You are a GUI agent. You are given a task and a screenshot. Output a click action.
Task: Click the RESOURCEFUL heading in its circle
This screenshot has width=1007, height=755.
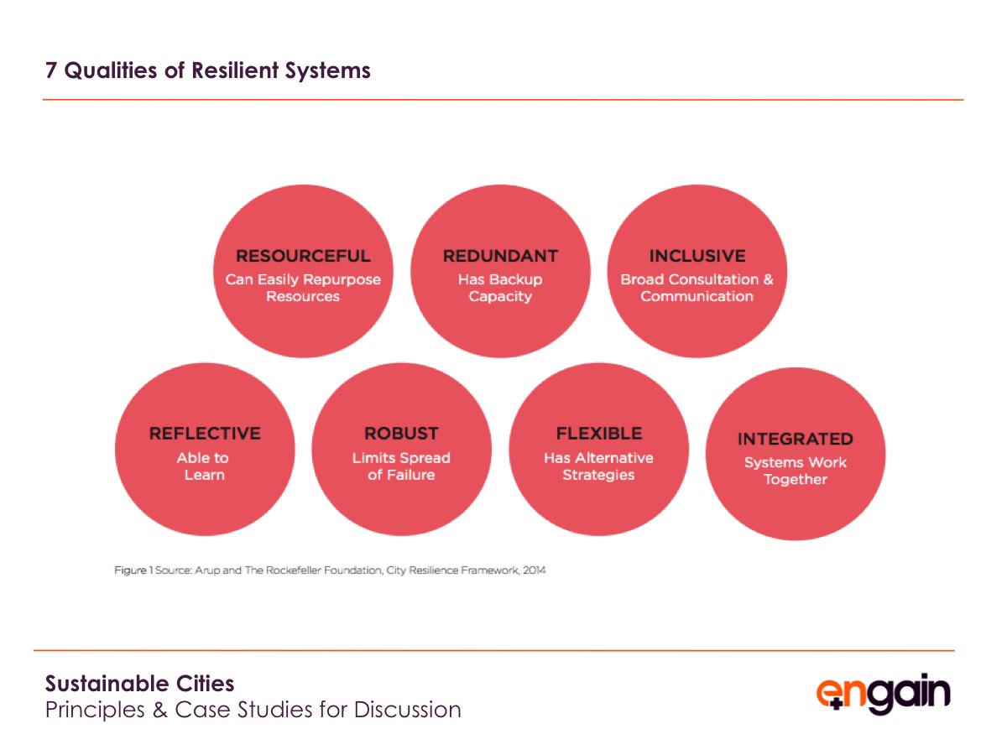tap(303, 256)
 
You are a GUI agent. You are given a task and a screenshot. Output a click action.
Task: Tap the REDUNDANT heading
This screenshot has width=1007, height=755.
tap(500, 256)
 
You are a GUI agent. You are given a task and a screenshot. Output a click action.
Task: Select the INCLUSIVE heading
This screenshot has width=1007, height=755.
tap(697, 256)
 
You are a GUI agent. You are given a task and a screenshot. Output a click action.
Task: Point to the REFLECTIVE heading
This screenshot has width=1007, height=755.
tap(205, 433)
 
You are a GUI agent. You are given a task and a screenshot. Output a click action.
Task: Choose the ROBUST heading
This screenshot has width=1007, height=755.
tap(401, 433)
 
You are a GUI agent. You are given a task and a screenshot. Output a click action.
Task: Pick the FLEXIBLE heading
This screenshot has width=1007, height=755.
tap(598, 433)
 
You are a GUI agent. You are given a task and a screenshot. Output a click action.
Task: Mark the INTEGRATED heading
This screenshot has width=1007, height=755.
tap(796, 439)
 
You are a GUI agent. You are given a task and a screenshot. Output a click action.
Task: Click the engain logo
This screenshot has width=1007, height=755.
tap(883, 693)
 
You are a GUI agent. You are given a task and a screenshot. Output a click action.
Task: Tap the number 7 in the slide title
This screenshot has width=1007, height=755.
tap(50, 70)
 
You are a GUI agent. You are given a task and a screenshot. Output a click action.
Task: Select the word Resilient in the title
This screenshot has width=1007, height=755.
tap(235, 70)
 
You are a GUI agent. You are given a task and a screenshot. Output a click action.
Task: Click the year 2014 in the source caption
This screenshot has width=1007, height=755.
tap(534, 570)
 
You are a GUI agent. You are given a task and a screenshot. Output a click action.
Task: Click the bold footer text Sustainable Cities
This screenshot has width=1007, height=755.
tap(139, 684)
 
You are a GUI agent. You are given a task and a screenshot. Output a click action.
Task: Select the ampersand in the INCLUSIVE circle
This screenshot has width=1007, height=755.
tap(769, 279)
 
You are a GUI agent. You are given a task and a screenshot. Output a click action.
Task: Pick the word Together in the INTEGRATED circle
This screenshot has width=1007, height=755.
tap(796, 480)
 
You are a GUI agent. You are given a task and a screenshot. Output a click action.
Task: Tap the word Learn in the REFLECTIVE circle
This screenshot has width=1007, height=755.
tap(205, 475)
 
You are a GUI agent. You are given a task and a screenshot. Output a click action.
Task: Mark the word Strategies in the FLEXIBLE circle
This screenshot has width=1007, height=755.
tap(598, 475)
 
